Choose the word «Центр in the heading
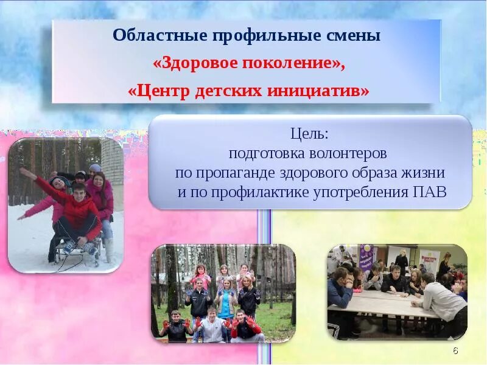(159, 91)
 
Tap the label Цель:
(309, 133)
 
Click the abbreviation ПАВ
(429, 192)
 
